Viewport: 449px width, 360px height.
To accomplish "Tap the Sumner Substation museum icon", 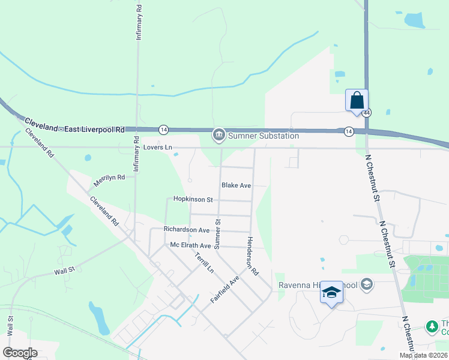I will coord(218,136).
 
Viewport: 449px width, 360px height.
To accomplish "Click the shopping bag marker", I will coord(357,100).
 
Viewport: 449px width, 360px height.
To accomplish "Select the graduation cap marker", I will coord(331,292).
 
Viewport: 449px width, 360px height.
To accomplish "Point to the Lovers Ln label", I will coord(157,147).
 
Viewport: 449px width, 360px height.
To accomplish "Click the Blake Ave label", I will coord(236,185).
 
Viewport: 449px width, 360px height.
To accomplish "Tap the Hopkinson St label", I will coord(193,199).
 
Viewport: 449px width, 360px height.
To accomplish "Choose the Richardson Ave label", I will coord(187,230).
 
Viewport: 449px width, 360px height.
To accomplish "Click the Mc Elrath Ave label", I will coord(191,245).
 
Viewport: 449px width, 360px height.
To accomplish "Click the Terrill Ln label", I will coord(204,262).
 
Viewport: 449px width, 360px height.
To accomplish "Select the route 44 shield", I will coord(367,113).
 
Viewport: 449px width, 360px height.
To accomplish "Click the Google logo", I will coord(20,352).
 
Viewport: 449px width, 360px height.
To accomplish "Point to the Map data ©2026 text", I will coord(424,355).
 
